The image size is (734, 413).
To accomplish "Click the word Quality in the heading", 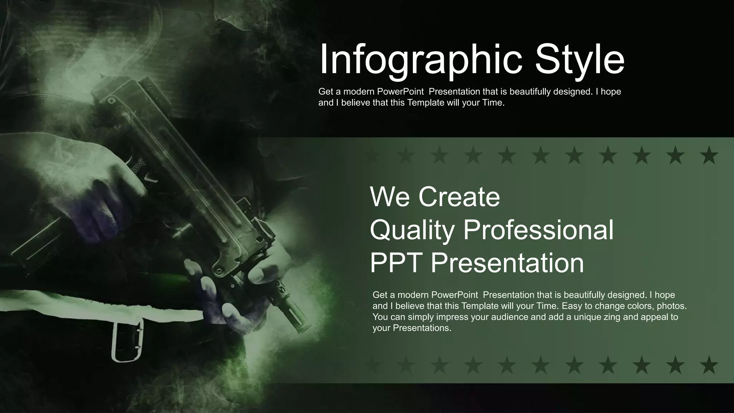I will (x=412, y=230).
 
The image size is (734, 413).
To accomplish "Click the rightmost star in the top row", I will (x=709, y=156).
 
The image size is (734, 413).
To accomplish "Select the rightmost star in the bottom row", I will (x=709, y=365).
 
